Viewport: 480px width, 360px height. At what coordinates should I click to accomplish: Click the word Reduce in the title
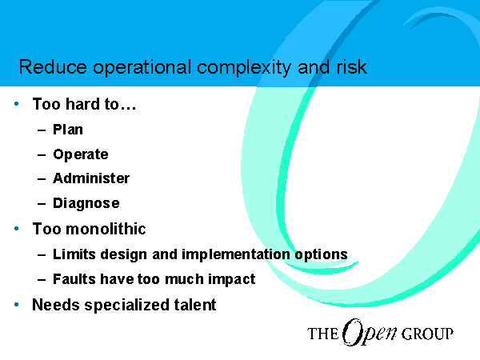(x=53, y=66)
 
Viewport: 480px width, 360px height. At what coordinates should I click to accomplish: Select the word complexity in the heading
(x=243, y=68)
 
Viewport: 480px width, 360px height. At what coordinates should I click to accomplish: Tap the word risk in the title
(x=351, y=66)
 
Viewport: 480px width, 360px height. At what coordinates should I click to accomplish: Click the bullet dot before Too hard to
(x=17, y=104)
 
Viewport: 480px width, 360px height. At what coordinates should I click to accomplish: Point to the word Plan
(x=68, y=130)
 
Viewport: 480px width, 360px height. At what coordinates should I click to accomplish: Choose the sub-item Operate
(x=81, y=154)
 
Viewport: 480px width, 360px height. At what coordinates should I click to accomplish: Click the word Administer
(x=91, y=178)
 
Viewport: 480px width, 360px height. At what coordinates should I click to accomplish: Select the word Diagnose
(x=86, y=203)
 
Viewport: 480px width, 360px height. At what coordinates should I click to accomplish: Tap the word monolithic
(x=106, y=229)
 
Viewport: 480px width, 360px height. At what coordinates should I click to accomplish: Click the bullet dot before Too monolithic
(x=17, y=228)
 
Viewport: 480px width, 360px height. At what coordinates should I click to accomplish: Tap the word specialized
(x=126, y=306)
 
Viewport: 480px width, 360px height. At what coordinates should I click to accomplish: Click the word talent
(x=195, y=305)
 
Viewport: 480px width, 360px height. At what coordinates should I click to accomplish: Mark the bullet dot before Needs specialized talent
(x=17, y=305)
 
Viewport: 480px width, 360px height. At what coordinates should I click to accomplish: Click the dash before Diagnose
(x=42, y=203)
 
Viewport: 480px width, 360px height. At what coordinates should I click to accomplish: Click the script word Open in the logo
(x=369, y=333)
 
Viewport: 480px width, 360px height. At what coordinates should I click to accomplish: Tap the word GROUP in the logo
(x=427, y=334)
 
